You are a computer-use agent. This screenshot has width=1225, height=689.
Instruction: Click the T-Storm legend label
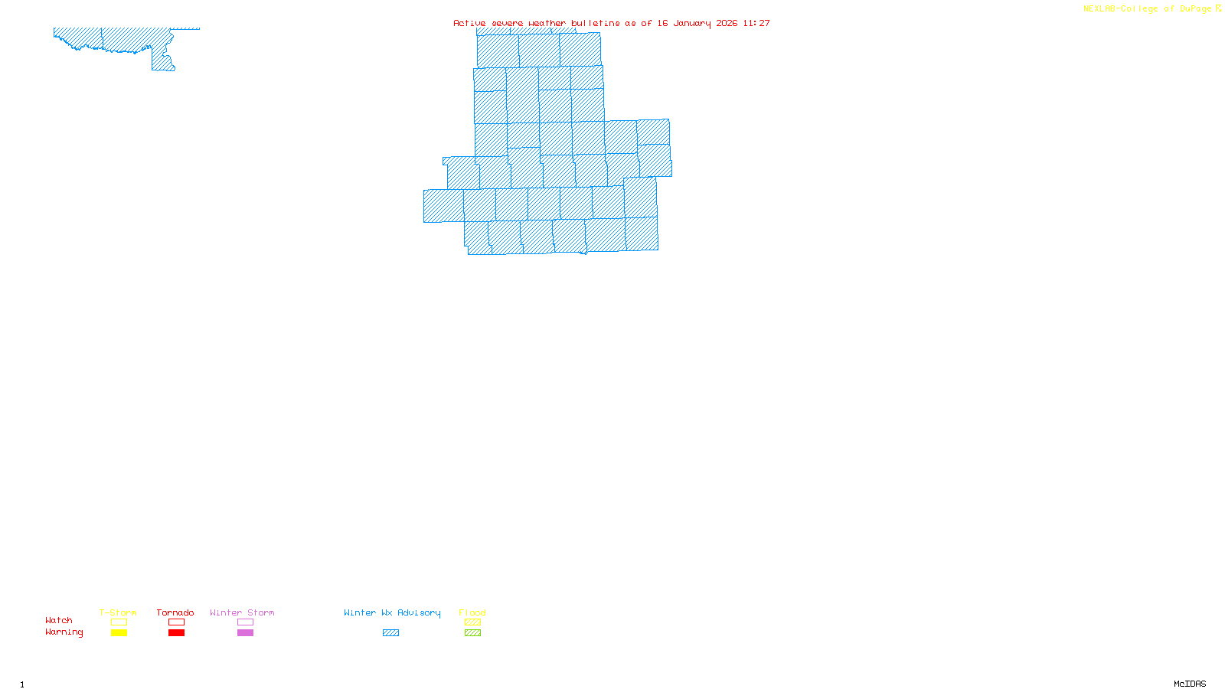[118, 612]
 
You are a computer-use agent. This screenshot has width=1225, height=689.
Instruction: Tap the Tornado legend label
[175, 612]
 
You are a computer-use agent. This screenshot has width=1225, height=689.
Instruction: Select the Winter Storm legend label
[242, 612]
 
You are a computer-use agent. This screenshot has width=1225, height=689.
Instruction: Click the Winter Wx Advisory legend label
[392, 612]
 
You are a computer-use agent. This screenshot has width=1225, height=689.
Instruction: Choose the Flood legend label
[472, 612]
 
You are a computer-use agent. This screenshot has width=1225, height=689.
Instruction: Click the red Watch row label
[59, 620]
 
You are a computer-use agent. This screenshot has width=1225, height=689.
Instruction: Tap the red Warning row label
[64, 632]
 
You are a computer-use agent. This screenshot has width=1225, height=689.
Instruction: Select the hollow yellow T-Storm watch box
[119, 622]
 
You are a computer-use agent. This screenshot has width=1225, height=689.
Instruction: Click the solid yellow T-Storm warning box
[119, 633]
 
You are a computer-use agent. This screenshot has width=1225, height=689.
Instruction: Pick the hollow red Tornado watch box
[176, 622]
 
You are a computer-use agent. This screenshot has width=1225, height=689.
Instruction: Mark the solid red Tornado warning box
[176, 633]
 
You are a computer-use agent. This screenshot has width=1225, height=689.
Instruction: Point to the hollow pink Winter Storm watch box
[245, 622]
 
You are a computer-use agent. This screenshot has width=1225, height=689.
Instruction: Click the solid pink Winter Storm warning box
[245, 633]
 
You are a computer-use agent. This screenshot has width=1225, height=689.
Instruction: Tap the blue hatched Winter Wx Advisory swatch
[390, 633]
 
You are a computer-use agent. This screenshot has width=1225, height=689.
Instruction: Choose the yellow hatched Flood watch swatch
[472, 622]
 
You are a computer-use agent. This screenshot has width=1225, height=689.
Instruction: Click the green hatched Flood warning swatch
[472, 633]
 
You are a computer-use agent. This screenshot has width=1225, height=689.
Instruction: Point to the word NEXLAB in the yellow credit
[1099, 9]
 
